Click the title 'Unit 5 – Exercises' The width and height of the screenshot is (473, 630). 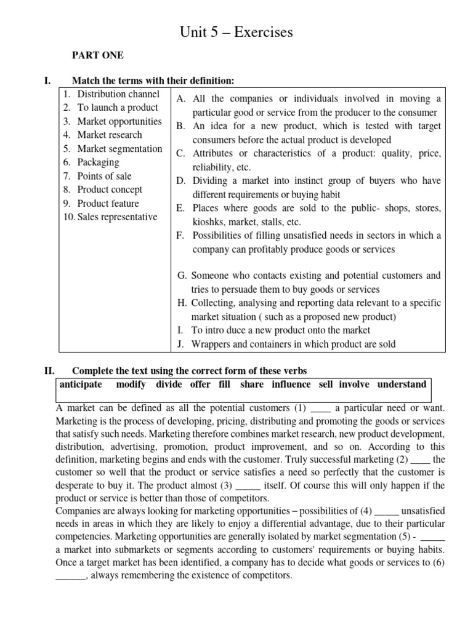[x=236, y=32]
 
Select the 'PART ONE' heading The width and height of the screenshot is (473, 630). [x=98, y=55]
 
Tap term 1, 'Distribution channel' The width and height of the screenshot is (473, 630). [x=118, y=94]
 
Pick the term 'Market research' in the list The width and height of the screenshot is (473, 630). [x=109, y=135]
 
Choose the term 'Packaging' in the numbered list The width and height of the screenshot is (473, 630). [x=98, y=162]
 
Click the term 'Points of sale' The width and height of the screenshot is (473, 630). [x=104, y=176]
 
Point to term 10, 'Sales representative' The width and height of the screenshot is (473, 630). [x=117, y=217]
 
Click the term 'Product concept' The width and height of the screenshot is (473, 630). [x=109, y=189]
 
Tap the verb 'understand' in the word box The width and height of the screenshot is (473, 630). [x=402, y=385]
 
